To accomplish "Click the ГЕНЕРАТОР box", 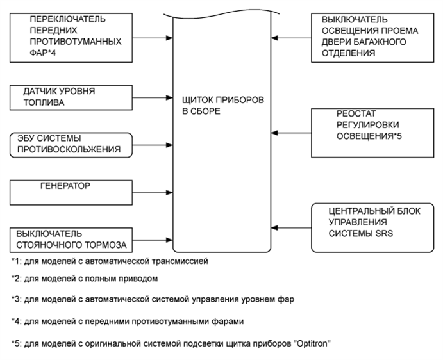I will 72,191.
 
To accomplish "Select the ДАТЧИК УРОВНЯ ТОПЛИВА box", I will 72,99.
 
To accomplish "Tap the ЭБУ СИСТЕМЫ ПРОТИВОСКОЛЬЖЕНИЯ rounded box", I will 72,145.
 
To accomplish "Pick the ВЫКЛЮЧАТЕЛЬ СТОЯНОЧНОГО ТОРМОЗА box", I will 72,239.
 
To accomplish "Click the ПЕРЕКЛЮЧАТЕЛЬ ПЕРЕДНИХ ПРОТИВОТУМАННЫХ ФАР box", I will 72,36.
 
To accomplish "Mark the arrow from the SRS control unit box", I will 291,226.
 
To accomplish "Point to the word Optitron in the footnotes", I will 311,343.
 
